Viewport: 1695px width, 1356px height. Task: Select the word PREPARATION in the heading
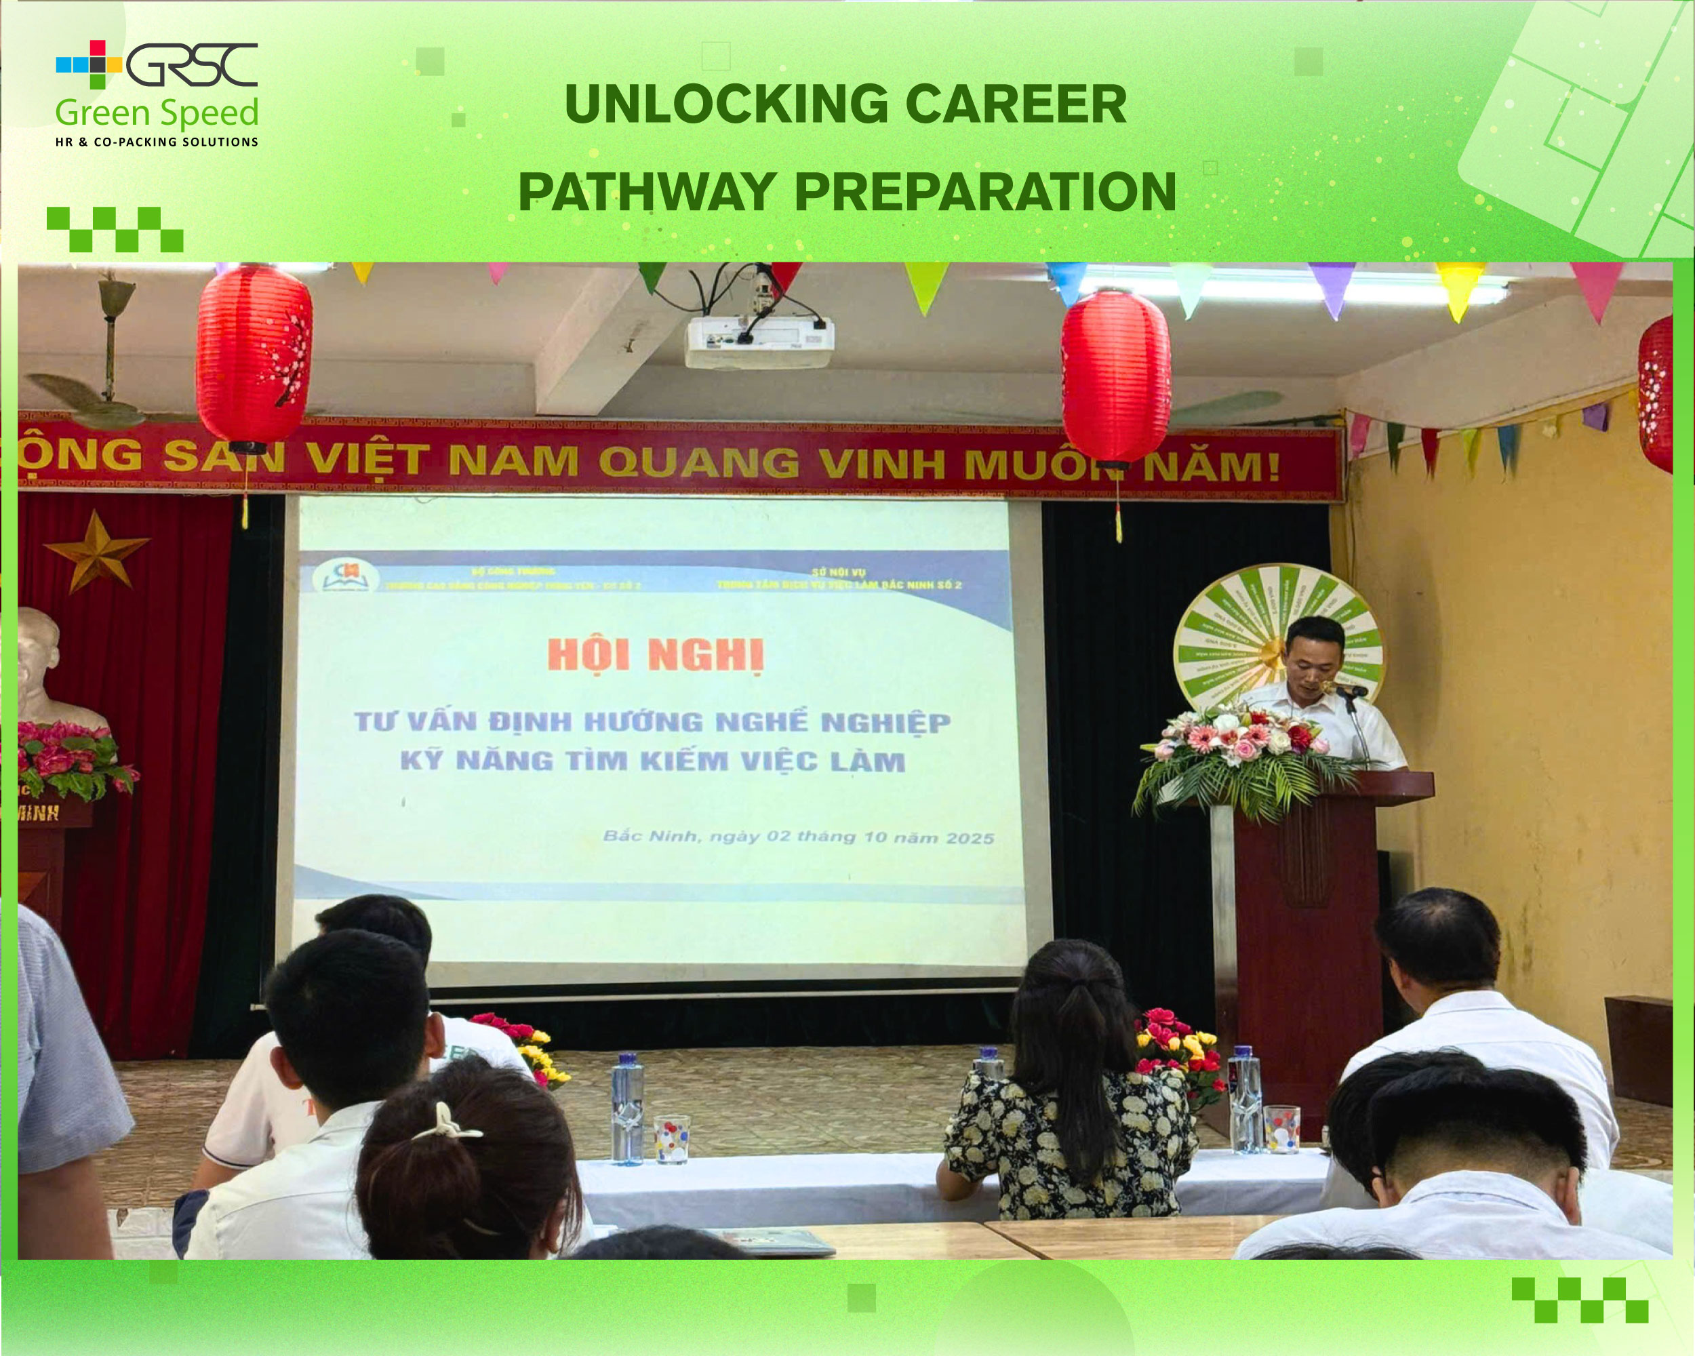tap(985, 192)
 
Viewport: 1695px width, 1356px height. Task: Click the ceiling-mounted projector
tap(759, 340)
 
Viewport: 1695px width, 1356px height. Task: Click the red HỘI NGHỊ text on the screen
tap(655, 655)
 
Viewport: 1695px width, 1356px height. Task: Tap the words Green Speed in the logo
tap(157, 113)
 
